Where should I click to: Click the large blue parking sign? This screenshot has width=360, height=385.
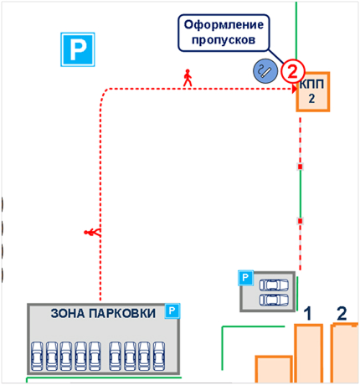[x=78, y=49]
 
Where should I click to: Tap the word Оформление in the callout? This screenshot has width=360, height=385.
[x=224, y=25]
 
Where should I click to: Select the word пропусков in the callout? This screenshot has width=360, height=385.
[x=224, y=40]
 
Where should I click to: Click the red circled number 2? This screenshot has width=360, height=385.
[x=292, y=71]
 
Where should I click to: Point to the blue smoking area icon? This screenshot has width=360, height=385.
[x=265, y=71]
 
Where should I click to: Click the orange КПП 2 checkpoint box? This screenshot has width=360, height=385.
[x=313, y=92]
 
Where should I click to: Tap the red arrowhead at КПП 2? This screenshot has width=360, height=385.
[x=294, y=90]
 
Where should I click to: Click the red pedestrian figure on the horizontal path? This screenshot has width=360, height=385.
[x=188, y=78]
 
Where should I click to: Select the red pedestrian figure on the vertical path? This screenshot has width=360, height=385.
[x=92, y=232]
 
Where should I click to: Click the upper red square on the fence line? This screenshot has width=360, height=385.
[x=301, y=167]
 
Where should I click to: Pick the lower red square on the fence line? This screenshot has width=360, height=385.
[x=301, y=221]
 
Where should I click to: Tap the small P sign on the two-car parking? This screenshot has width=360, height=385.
[x=245, y=278]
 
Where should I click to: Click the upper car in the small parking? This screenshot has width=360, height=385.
[x=274, y=285]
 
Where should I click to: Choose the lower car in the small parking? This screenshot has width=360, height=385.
[x=274, y=300]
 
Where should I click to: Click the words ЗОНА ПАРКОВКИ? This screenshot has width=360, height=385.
[x=103, y=313]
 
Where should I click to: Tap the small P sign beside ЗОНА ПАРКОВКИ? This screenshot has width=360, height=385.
[x=172, y=311]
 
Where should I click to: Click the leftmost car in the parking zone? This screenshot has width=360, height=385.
[x=37, y=356]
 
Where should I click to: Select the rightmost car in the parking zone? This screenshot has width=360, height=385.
[x=159, y=356]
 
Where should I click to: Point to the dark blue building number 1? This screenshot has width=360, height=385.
[x=307, y=313]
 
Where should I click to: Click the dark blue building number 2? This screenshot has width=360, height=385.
[x=342, y=313]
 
